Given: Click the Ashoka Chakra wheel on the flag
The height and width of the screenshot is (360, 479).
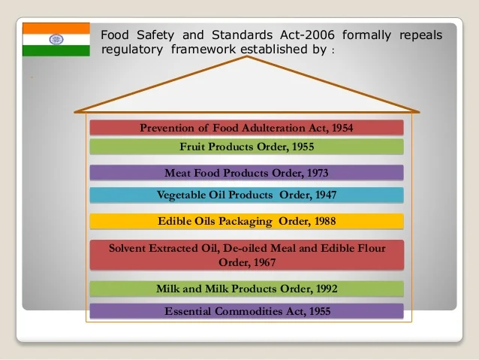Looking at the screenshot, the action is [56, 39].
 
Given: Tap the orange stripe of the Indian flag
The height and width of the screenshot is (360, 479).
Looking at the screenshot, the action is [56, 28].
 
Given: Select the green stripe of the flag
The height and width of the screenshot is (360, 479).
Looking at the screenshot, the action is [56, 51].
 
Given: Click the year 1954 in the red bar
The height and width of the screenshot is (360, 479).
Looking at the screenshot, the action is [342, 128].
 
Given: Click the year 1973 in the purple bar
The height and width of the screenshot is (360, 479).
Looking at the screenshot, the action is [318, 173].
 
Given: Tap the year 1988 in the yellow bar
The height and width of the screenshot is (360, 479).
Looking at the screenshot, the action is [325, 221].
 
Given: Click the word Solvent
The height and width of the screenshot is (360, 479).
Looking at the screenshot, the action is [127, 248].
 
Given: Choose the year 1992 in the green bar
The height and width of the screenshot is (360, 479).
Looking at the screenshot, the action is [327, 289].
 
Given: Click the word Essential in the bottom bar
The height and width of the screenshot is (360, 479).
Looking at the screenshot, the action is [188, 311].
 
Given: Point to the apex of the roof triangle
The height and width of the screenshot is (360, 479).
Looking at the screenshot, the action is [247, 56].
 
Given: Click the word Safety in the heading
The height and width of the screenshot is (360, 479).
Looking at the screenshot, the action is [155, 35].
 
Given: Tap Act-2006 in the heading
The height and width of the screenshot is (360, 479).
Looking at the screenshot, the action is [307, 35].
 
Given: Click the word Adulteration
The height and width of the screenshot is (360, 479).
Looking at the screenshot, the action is [270, 128].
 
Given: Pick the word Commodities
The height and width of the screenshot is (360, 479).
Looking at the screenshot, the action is [249, 311].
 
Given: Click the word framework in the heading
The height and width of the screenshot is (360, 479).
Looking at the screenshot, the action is [203, 49].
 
